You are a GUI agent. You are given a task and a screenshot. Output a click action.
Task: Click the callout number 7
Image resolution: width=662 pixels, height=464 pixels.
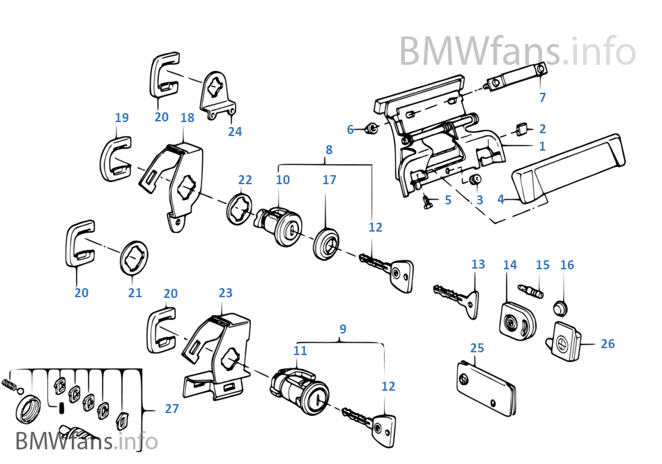click(543, 98)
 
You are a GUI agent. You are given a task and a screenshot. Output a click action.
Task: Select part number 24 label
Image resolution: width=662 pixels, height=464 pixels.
click(235, 131)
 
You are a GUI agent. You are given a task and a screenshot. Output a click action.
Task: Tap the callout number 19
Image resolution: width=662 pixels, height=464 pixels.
click(122, 118)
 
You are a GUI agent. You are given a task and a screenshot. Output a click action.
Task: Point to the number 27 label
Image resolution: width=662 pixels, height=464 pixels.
click(172, 409)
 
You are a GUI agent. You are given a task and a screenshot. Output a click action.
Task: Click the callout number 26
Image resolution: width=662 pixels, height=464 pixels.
click(608, 344)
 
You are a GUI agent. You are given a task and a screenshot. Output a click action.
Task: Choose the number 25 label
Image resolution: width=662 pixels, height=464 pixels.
click(477, 347)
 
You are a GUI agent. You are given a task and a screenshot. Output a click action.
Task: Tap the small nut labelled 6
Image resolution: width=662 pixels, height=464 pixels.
click(371, 128)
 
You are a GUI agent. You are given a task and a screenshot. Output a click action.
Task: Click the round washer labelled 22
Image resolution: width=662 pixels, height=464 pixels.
click(240, 209)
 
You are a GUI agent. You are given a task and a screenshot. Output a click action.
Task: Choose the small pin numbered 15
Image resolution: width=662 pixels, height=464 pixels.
click(531, 290)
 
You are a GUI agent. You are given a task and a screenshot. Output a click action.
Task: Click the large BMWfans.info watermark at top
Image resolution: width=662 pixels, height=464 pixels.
click(517, 51)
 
